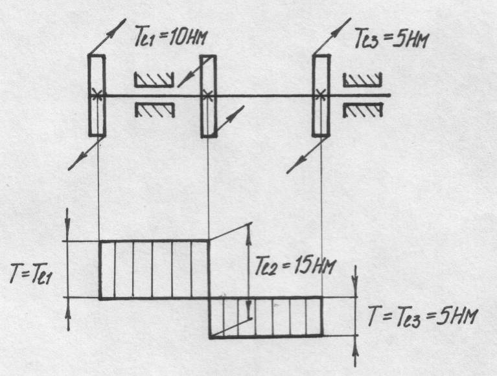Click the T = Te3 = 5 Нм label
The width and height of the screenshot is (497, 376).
[422, 317]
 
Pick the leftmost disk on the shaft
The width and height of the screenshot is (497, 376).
[97, 95]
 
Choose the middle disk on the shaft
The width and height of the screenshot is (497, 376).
[207, 96]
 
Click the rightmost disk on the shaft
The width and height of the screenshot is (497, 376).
[321, 95]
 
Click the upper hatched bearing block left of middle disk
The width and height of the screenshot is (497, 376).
[154, 80]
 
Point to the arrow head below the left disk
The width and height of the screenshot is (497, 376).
[72, 167]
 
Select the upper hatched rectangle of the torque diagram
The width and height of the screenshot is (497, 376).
[154, 269]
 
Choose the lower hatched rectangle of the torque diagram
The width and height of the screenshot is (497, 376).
[265, 316]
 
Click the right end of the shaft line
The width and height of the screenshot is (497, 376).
[389, 95]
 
